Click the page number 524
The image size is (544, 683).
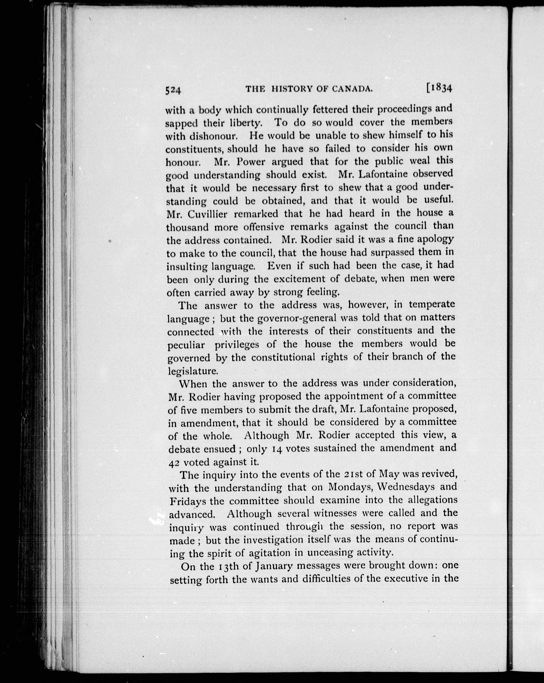tap(173, 90)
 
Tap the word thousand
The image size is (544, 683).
tap(187, 228)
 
